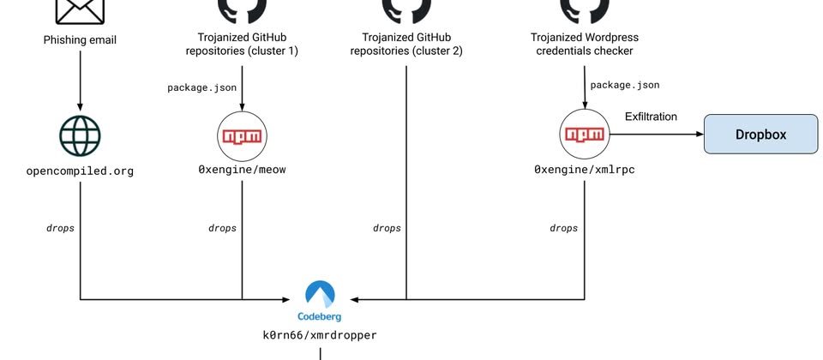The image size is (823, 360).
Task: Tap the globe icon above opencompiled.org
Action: [80, 135]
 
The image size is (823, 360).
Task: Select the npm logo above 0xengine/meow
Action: [242, 135]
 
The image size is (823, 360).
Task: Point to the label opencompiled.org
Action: [80, 171]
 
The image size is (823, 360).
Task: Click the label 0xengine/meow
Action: [242, 170]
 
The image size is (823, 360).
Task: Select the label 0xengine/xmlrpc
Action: [584, 170]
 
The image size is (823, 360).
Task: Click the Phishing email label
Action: [80, 39]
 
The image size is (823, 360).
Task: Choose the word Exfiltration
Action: [651, 117]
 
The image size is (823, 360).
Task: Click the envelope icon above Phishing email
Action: [80, 10]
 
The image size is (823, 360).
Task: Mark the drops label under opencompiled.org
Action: [60, 228]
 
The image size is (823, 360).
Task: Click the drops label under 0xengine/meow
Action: [222, 228]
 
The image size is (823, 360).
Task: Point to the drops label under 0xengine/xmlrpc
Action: [563, 228]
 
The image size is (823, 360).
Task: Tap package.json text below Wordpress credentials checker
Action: [625, 85]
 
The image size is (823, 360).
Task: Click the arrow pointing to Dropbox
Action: [656, 135]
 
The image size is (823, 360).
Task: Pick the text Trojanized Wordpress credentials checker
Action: [585, 45]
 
